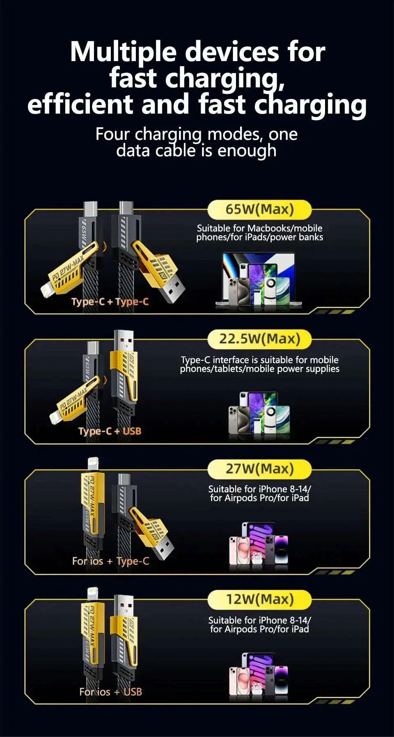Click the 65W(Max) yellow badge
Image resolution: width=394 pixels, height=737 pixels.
[259, 210]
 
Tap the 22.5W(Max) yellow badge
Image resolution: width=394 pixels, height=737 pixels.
[259, 339]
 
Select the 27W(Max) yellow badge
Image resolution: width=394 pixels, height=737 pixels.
[259, 469]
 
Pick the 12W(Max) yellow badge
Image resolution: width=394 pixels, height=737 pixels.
[259, 599]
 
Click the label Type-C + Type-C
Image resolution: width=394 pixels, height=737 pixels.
[110, 302]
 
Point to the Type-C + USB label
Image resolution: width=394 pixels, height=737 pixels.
[110, 431]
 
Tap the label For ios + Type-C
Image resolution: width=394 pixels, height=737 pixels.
[110, 561]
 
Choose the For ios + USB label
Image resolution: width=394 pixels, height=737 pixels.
[110, 692]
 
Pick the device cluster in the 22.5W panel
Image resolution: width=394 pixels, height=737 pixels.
[259, 413]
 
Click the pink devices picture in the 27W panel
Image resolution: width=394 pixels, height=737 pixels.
[259, 544]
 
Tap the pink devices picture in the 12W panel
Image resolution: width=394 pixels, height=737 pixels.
[259, 675]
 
